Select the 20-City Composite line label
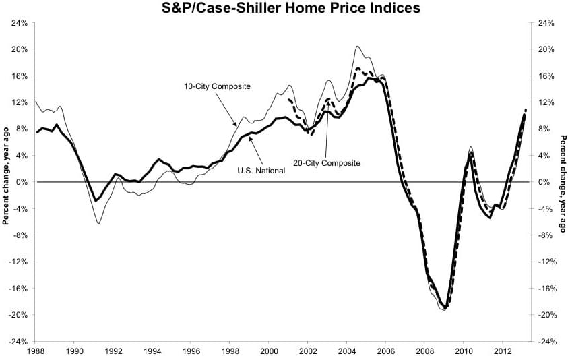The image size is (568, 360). click(x=326, y=163)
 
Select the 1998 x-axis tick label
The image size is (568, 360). click(x=230, y=351)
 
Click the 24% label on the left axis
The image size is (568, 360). click(x=19, y=22)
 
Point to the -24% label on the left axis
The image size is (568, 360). click(x=18, y=341)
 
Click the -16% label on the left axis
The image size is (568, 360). click(x=18, y=288)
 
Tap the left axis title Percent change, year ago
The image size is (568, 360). click(x=5, y=182)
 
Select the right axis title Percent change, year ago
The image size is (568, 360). click(x=563, y=182)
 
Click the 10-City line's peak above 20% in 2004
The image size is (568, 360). click(x=357, y=46)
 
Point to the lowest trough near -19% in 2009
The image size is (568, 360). click(x=445, y=309)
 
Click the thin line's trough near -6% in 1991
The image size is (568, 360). click(x=99, y=223)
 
